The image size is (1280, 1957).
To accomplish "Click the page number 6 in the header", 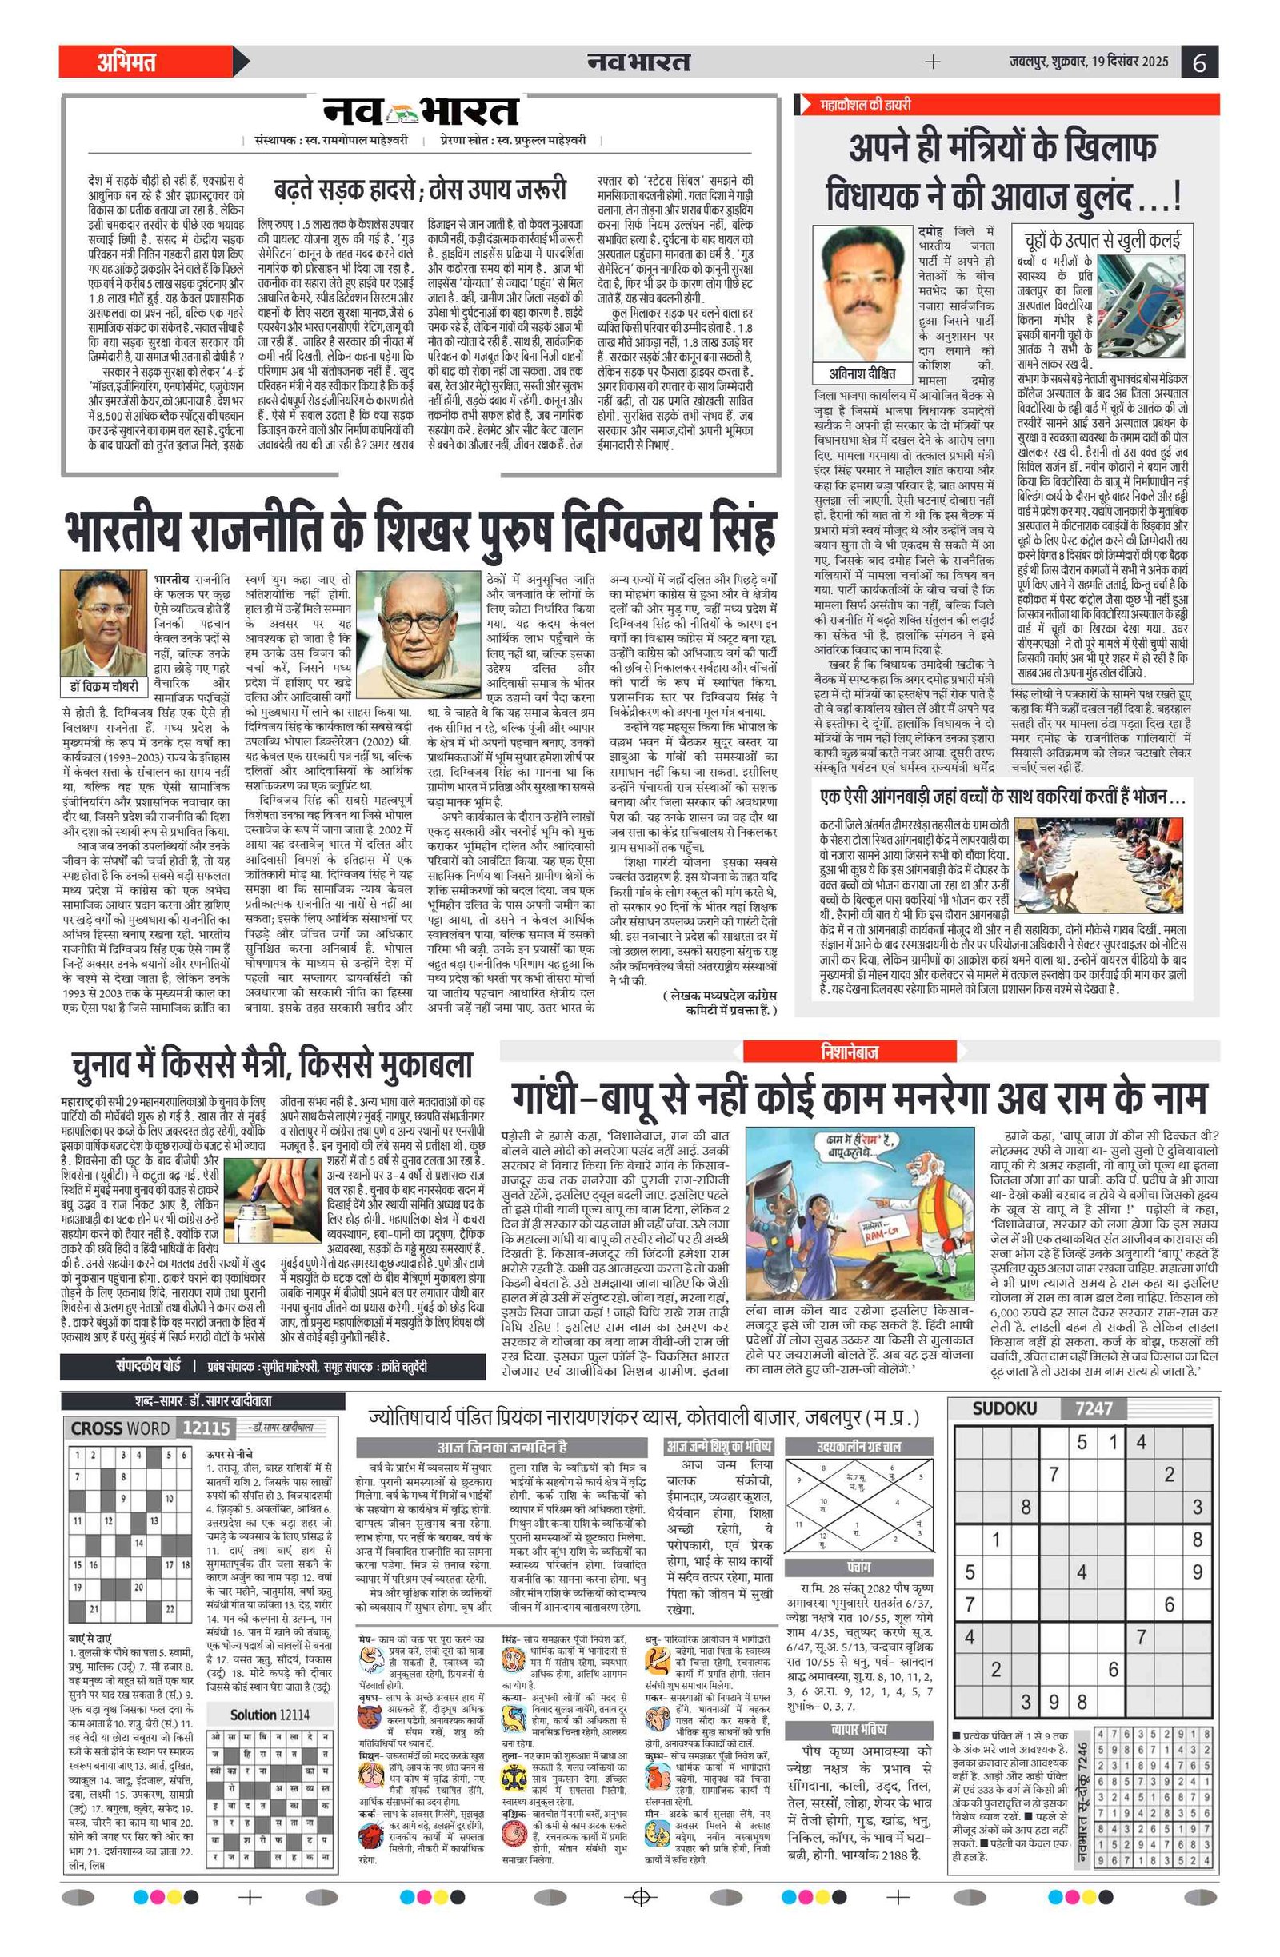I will tap(1199, 62).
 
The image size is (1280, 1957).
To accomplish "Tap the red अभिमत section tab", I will tap(127, 62).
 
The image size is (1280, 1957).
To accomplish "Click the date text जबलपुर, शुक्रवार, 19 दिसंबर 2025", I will tap(1088, 62).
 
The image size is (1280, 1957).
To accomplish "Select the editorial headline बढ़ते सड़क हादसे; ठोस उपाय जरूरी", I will tap(420, 191).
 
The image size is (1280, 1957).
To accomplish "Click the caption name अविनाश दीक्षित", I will tap(863, 374).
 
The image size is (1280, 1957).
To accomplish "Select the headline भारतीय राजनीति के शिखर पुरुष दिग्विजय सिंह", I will tap(419, 531).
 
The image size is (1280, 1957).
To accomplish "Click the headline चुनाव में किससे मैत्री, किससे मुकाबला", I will tap(271, 1065).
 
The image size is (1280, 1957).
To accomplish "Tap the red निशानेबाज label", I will tap(849, 1052).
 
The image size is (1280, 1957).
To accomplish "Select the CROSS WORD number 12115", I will tap(206, 1428).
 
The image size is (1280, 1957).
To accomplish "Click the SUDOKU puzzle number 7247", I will tap(1094, 1408).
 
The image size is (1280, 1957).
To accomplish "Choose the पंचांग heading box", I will tap(858, 1567).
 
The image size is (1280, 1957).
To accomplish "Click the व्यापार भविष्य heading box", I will tap(858, 1729).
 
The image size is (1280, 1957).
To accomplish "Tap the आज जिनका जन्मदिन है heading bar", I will tap(502, 1447).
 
